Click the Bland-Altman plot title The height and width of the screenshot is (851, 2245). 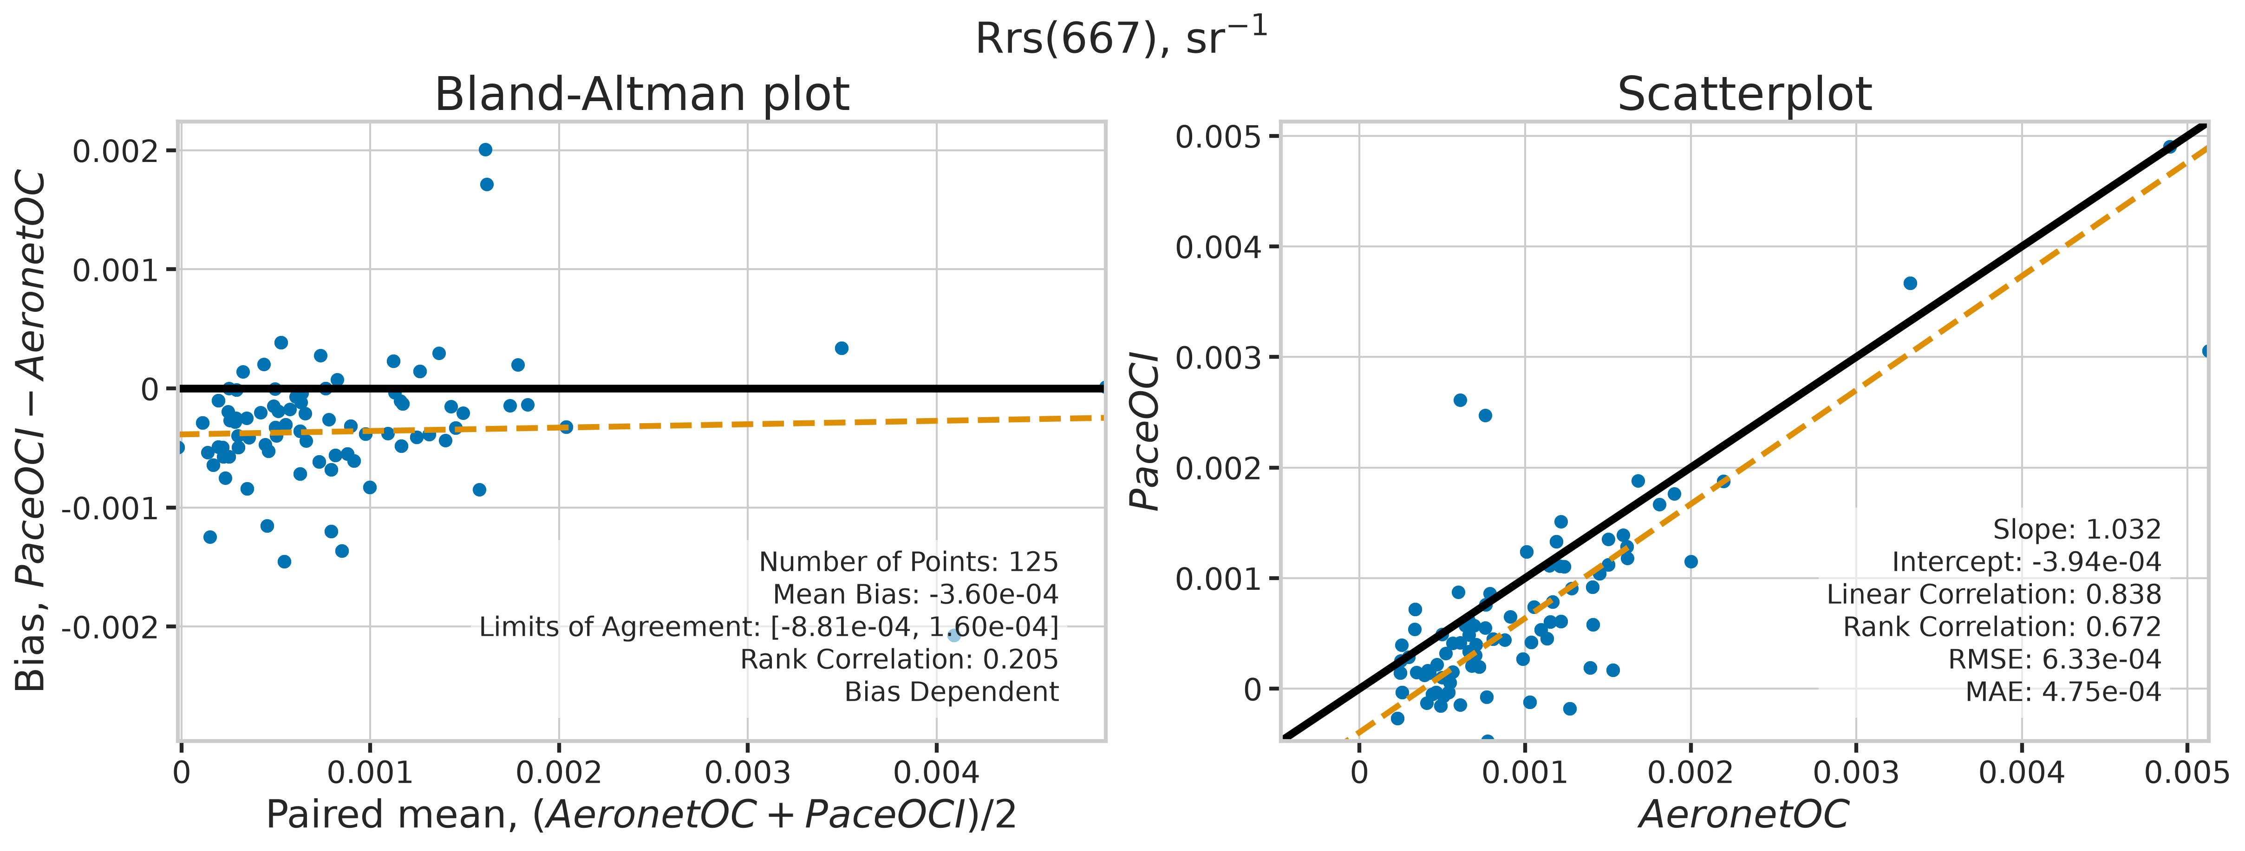(x=641, y=94)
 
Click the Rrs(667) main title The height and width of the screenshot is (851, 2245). (x=1121, y=37)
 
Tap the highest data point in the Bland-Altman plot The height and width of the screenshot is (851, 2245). (x=485, y=150)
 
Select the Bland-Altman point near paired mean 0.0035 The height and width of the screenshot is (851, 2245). (x=841, y=348)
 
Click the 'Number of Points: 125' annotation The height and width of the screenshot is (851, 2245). (x=908, y=562)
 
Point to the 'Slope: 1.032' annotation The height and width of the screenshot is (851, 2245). (x=2077, y=529)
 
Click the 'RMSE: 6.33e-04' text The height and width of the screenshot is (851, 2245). (x=2054, y=659)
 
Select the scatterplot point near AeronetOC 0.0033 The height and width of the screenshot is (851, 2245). (x=1910, y=283)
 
